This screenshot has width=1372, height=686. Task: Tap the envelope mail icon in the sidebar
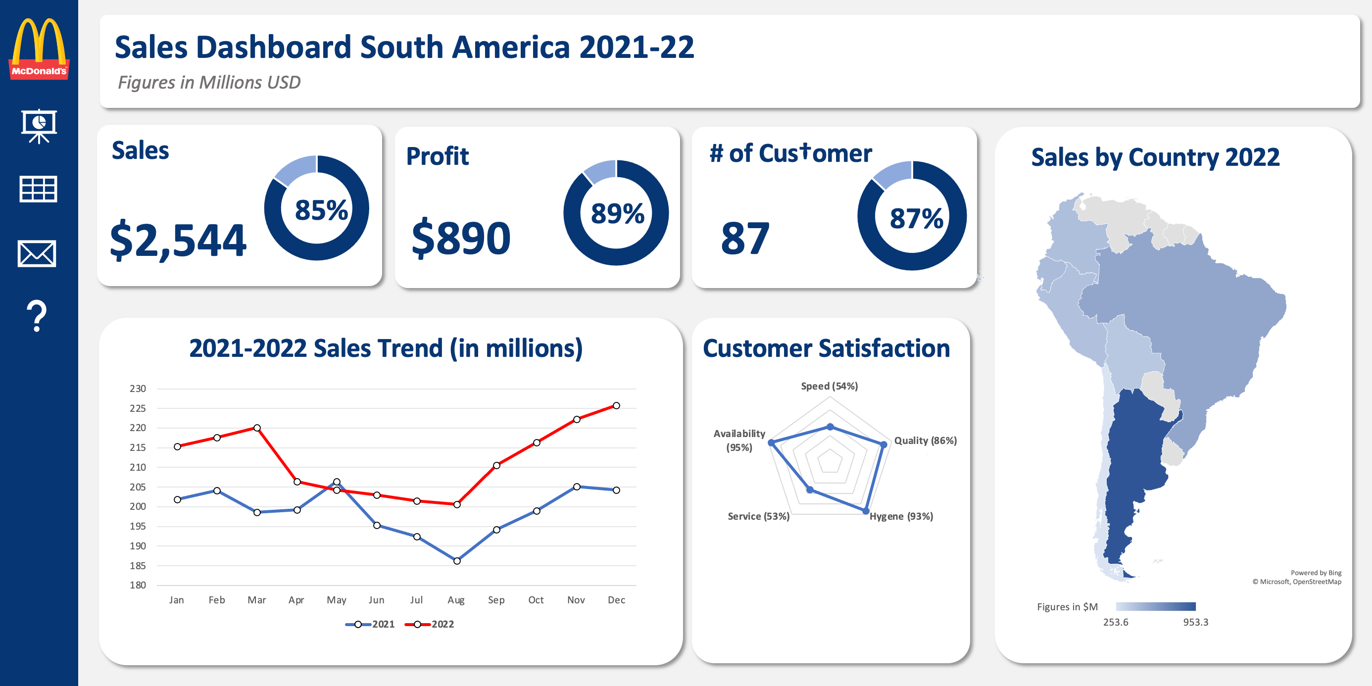click(37, 253)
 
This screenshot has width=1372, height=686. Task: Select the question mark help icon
click(37, 316)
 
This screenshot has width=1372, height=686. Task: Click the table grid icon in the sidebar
click(38, 189)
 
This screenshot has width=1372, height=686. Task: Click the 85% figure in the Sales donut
click(321, 210)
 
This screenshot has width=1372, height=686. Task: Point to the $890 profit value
click(461, 238)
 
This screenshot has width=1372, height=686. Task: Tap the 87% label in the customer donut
click(916, 218)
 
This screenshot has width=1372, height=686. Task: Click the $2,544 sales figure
click(178, 240)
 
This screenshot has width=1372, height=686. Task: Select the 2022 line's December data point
click(616, 406)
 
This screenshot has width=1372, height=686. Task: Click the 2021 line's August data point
click(457, 561)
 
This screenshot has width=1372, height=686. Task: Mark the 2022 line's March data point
click(257, 428)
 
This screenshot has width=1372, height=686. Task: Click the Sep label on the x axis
click(496, 600)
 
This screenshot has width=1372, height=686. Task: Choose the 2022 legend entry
click(429, 624)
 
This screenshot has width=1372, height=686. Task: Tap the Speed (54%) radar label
click(829, 386)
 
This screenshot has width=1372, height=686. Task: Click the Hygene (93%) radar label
click(901, 516)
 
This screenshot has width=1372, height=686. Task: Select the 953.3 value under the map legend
click(1196, 622)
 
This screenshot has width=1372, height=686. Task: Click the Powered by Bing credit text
click(1316, 573)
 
